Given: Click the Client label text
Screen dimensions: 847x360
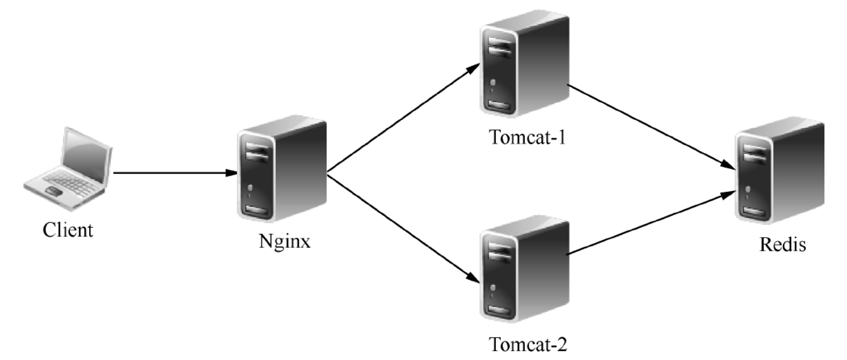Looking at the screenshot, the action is [x=68, y=230].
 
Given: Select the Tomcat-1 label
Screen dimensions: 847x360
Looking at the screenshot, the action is [x=528, y=137].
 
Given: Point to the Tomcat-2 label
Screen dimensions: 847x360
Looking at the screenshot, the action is [x=528, y=344].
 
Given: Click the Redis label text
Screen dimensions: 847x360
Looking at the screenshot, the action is [x=783, y=244].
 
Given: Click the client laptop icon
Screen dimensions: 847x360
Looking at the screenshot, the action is [x=68, y=169].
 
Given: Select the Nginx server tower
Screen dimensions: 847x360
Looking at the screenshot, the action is [x=282, y=169].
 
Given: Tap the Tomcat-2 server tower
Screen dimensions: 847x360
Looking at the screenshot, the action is [x=524, y=269].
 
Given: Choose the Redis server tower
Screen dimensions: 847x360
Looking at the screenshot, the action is [x=780, y=170].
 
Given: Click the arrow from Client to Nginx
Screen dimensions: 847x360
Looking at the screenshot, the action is [x=175, y=173].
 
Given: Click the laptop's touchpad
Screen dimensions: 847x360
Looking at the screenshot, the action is [x=54, y=191].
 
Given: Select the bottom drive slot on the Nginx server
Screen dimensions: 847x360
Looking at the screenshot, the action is [x=258, y=210].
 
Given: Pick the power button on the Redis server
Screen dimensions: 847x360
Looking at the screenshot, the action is [x=747, y=189].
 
